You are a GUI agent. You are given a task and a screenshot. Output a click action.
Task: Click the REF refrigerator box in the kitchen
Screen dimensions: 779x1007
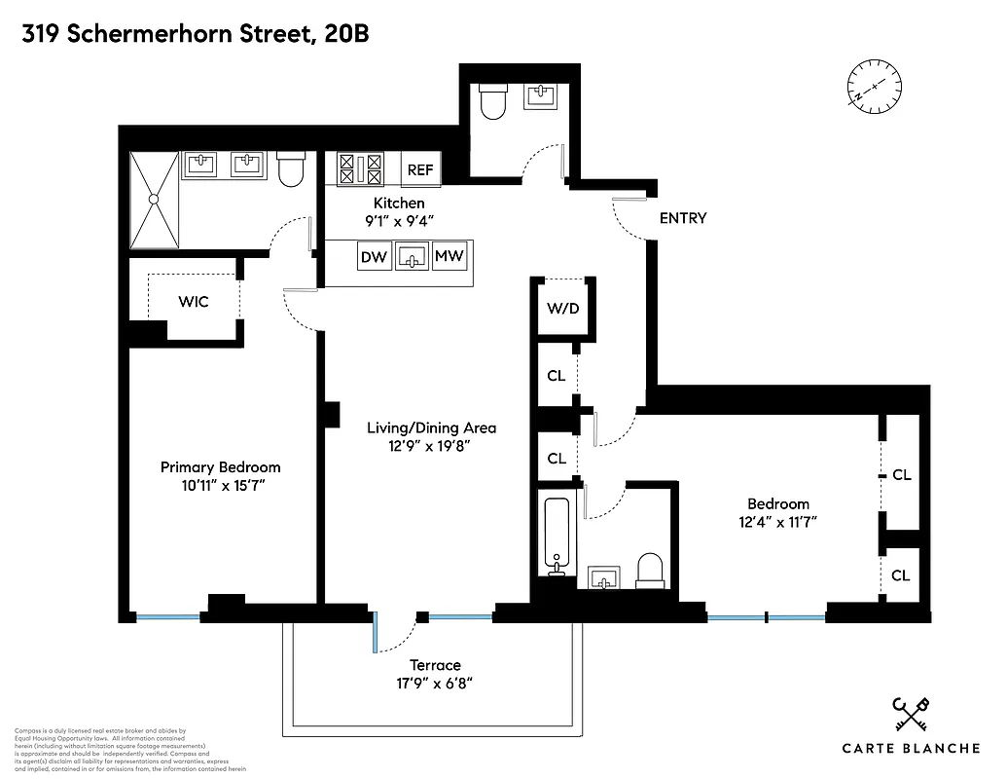coord(420,169)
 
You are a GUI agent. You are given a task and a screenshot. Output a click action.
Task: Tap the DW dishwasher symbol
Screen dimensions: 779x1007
coord(374,257)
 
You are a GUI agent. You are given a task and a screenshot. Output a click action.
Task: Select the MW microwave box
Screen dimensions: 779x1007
coord(449,257)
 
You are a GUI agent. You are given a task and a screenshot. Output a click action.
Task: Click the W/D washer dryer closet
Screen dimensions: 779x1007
coord(561,310)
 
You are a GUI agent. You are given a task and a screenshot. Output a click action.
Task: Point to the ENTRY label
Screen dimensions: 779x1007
coord(682,218)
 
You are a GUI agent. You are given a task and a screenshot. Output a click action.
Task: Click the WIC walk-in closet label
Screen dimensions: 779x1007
coord(193,302)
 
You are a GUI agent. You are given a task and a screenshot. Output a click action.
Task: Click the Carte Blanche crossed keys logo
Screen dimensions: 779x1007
coord(911,717)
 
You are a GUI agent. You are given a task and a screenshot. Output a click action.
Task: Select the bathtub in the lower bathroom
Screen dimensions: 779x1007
coord(557,538)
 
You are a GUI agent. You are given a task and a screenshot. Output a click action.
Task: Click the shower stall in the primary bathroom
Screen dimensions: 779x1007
coord(154,200)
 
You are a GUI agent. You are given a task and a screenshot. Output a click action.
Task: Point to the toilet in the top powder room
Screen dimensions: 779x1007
coord(493,102)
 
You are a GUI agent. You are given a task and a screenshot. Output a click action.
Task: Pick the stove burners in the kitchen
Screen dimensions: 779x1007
coord(359,169)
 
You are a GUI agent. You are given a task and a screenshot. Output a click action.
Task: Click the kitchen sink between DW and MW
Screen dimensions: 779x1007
coord(413,257)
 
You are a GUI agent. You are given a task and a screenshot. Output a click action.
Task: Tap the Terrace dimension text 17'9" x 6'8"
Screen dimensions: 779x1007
coord(434,684)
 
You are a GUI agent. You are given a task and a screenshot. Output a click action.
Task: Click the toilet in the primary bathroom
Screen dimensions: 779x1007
coord(290,170)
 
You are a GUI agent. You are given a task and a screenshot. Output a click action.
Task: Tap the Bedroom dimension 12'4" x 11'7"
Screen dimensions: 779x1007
coord(777,522)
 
